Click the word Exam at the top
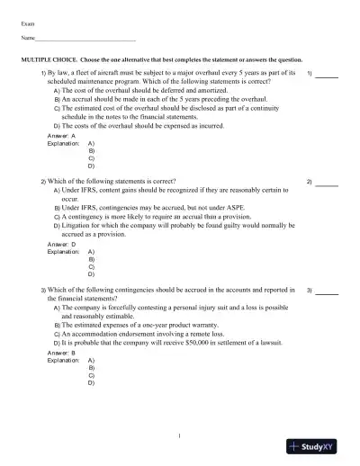pos(27,22)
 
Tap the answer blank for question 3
pos(327,293)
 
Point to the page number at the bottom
pos(180,437)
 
